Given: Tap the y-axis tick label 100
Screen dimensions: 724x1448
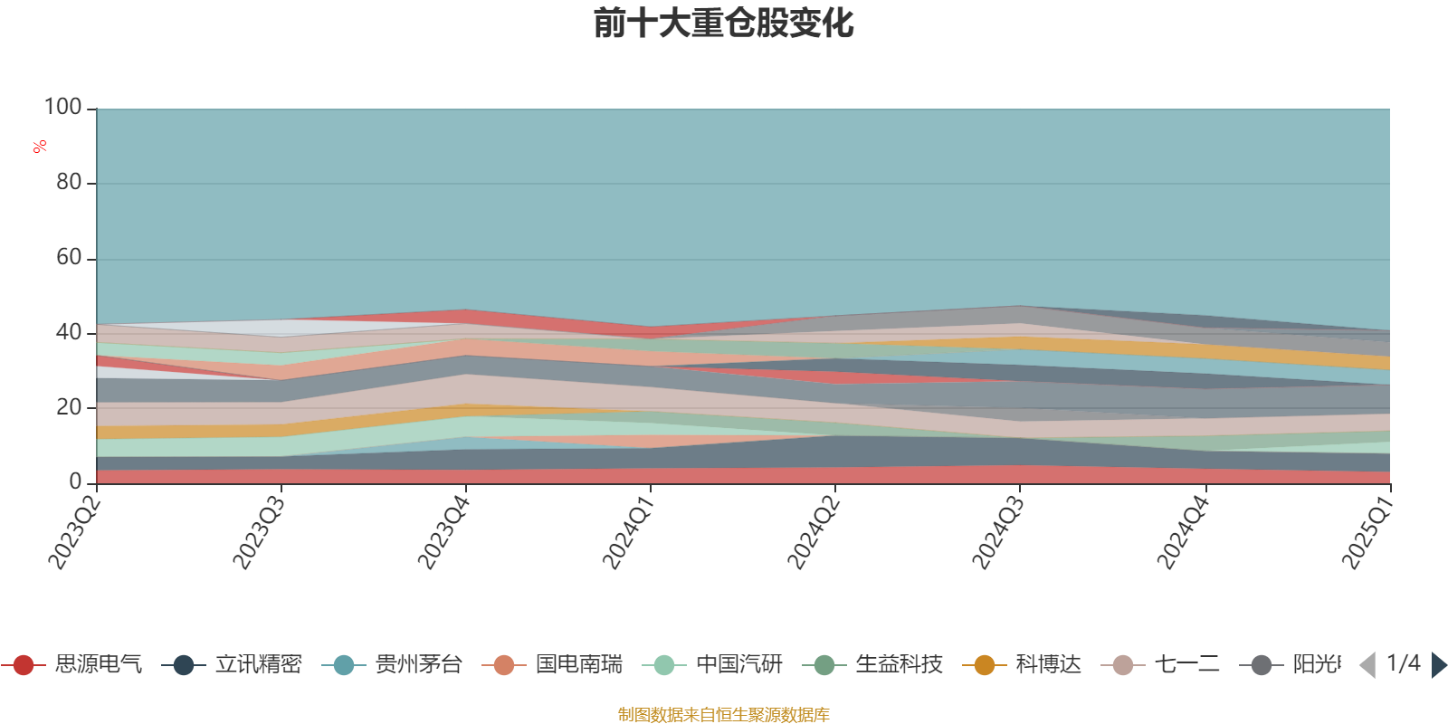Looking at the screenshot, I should coord(62,108).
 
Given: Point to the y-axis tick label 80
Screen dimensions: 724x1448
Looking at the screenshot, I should coord(68,183).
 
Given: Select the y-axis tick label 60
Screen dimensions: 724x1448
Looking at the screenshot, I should coord(68,258).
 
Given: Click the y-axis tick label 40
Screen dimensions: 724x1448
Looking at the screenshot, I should coord(68,333).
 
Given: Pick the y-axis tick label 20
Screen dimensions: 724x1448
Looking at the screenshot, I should coord(68,407).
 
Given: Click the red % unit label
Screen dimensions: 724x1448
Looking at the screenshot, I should coord(40,147).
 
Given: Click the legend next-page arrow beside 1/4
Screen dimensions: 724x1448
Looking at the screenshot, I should coord(1438,665).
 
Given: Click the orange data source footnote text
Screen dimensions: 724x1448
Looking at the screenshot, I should coord(723,715).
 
